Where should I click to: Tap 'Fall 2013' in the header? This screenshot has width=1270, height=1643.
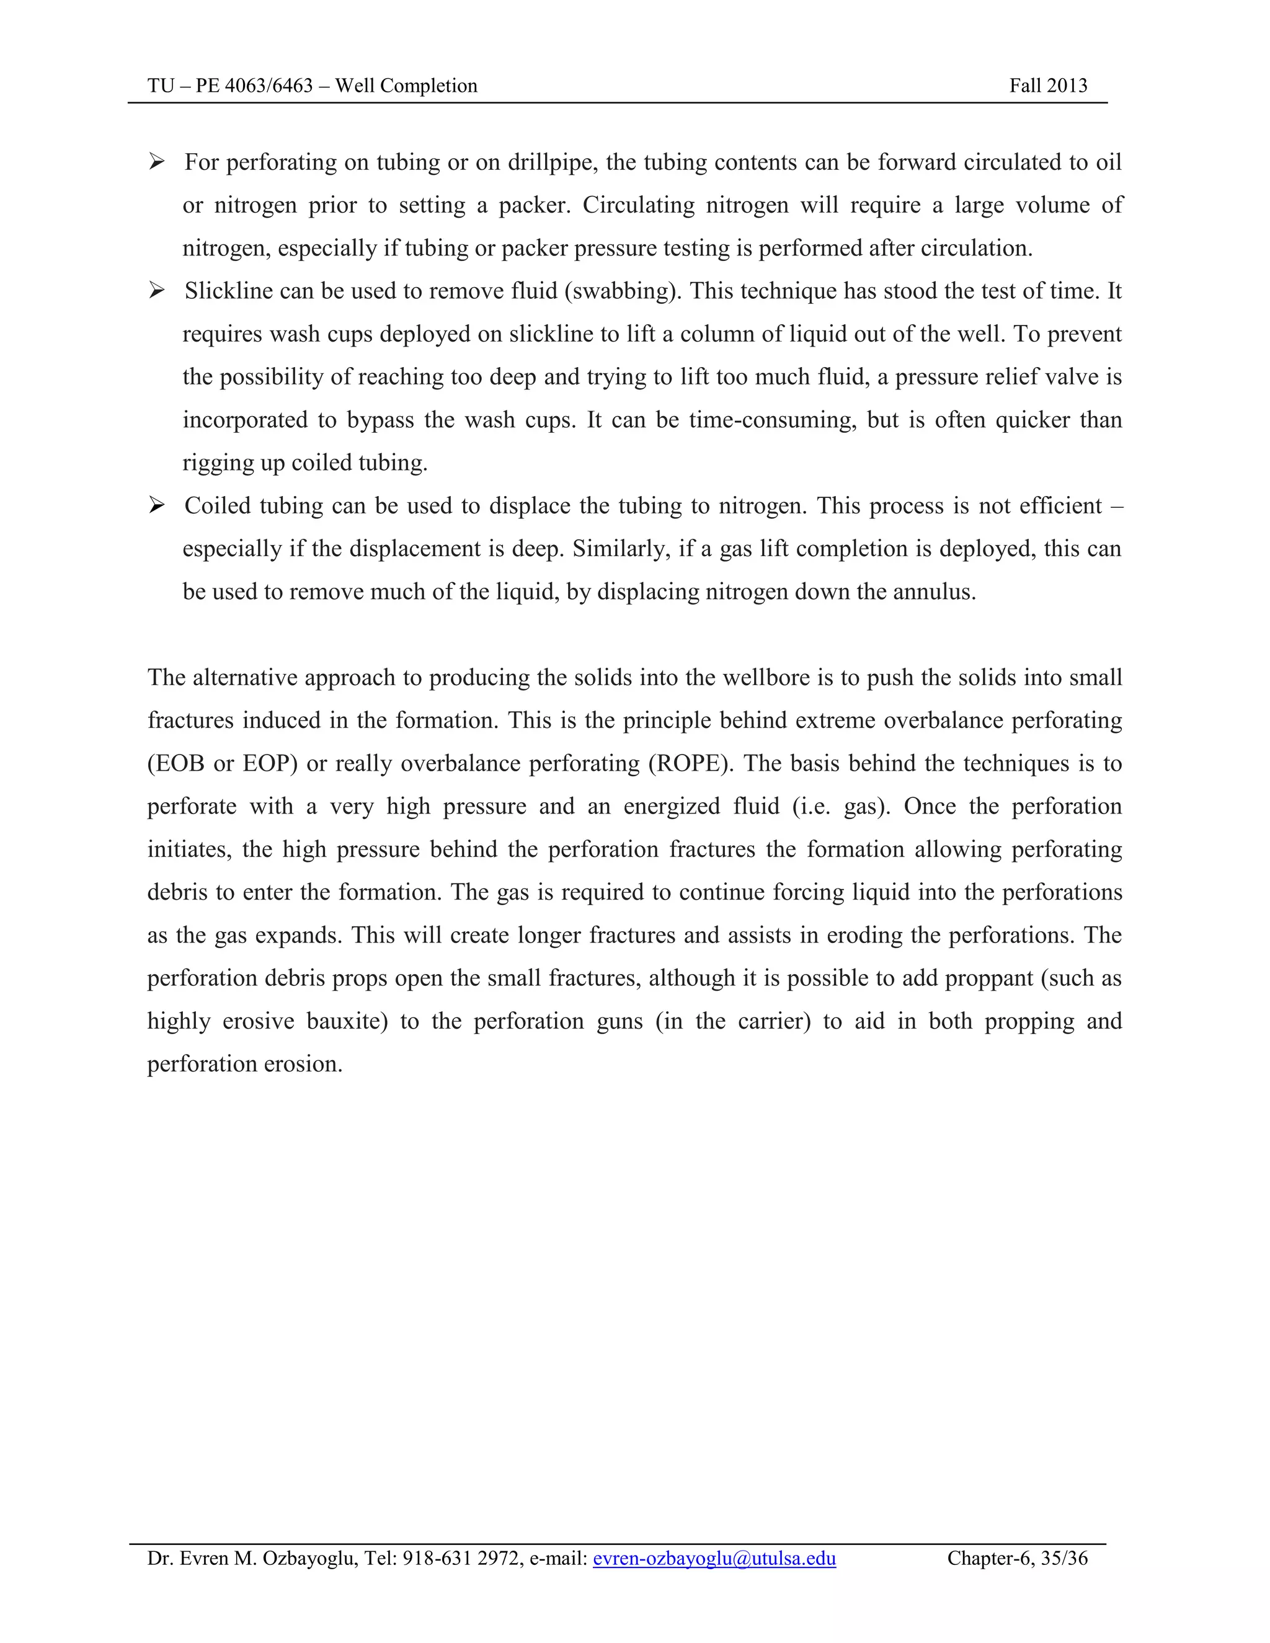tap(1047, 86)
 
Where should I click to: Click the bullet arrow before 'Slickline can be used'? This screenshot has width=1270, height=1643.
tap(156, 290)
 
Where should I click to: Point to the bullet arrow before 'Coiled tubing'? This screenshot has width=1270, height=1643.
tap(156, 505)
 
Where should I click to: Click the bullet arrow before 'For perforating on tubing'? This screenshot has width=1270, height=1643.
tap(156, 162)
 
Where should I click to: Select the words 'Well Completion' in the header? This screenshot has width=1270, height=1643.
tap(406, 86)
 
